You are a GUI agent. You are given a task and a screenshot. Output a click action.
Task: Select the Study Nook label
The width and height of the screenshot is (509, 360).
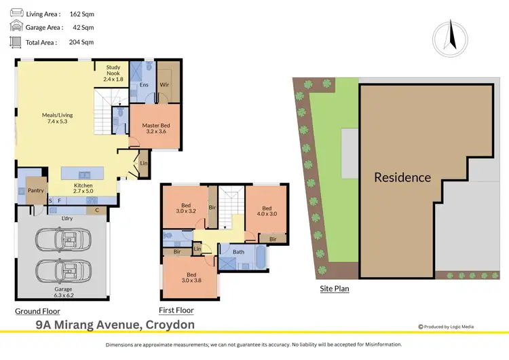113,73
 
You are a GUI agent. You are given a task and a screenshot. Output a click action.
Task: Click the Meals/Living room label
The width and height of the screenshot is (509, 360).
57,119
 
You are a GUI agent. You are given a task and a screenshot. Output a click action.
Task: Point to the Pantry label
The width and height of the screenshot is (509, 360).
36,191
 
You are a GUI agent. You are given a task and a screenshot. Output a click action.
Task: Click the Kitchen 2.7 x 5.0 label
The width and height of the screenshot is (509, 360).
83,189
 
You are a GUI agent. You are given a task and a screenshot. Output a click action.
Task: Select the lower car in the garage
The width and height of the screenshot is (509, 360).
61,270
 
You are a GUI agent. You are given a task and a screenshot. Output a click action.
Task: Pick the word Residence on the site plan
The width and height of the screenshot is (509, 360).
402,178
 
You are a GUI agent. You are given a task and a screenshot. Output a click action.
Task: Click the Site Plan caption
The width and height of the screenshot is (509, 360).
334,289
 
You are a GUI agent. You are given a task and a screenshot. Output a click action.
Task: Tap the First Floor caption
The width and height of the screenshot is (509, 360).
176,310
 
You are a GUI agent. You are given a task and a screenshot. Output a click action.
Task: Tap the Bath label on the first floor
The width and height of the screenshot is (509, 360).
238,252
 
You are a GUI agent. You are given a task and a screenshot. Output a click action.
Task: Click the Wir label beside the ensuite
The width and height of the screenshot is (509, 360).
164,85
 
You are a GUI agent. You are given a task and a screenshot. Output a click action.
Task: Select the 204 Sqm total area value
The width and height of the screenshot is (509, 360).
81,42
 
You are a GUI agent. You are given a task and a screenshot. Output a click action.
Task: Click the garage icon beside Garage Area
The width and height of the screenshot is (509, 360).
16,27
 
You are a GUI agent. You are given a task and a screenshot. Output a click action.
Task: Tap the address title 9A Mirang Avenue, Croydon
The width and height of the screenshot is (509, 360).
115,325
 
